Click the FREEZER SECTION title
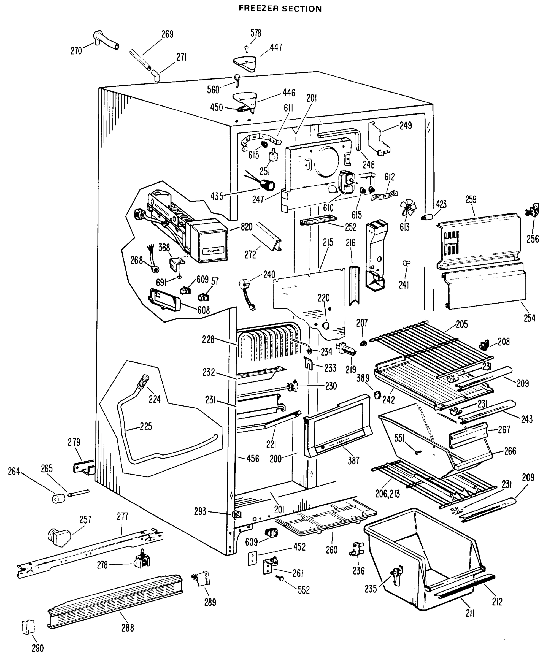(280, 9)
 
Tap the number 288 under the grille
(128, 628)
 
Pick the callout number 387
(353, 460)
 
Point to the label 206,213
(387, 494)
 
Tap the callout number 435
(217, 196)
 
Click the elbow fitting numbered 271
(156, 76)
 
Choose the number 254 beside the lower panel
(529, 318)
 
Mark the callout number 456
(253, 459)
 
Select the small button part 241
(406, 262)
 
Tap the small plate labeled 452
(252, 558)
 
